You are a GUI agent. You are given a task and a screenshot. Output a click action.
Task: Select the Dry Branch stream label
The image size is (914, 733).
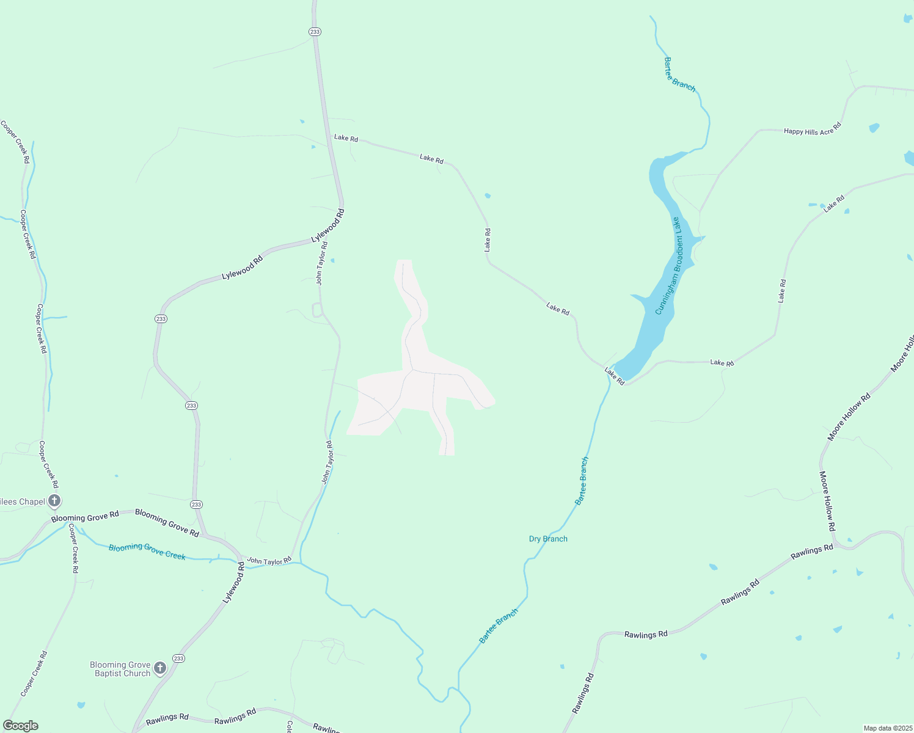(x=548, y=539)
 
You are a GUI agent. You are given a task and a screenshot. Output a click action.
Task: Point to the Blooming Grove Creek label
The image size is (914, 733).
(x=147, y=551)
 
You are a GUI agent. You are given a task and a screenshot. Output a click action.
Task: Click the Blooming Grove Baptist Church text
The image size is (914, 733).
(x=120, y=669)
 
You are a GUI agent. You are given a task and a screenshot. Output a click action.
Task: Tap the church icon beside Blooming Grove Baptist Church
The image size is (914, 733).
(x=160, y=668)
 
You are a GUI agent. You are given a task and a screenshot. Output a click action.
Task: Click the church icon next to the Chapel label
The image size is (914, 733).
(x=54, y=501)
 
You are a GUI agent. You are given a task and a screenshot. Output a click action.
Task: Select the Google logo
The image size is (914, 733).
(x=20, y=726)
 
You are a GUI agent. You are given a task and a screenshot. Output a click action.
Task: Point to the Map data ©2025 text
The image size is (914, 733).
(x=887, y=728)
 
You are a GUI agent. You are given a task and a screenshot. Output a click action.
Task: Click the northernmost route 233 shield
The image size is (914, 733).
(x=315, y=32)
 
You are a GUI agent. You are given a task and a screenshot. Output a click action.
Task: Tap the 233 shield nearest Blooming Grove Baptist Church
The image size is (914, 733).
(x=178, y=658)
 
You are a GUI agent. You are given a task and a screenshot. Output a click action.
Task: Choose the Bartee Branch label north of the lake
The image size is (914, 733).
(x=679, y=75)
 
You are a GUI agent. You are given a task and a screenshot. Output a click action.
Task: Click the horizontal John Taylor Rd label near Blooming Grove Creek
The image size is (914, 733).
(x=269, y=561)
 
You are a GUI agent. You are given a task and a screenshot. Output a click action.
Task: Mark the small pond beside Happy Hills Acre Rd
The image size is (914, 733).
(x=874, y=128)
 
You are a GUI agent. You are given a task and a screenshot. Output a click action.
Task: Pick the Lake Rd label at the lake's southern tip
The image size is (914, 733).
(x=615, y=376)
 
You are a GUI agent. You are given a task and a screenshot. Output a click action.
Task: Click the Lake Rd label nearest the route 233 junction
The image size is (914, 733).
(x=346, y=138)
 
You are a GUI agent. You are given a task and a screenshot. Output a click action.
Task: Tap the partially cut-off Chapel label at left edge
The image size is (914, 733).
(x=23, y=501)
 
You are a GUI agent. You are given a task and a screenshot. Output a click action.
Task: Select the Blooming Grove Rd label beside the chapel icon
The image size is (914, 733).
(x=85, y=517)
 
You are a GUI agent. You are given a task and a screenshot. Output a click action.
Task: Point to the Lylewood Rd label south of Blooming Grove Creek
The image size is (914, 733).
(x=233, y=583)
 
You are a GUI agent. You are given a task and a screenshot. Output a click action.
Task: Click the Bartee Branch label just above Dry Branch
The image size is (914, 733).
(x=582, y=481)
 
